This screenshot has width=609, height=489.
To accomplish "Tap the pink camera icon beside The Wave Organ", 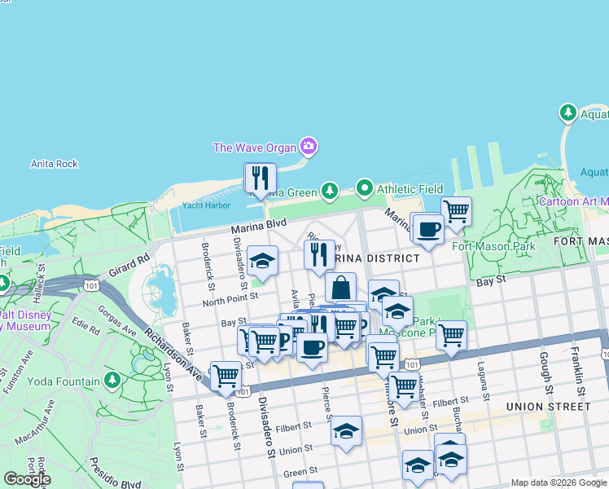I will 308,147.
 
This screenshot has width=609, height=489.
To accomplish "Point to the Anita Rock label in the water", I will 55,164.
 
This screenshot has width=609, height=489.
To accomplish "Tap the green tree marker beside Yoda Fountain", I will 112,381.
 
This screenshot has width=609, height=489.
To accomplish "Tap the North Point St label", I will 230,299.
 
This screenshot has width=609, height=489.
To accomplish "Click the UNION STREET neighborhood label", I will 548,406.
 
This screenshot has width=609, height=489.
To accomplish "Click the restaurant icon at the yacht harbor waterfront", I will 261,178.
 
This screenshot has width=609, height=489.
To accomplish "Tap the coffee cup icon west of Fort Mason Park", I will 427,227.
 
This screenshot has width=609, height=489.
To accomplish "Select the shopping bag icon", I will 340,288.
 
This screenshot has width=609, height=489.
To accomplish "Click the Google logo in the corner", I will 26,479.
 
